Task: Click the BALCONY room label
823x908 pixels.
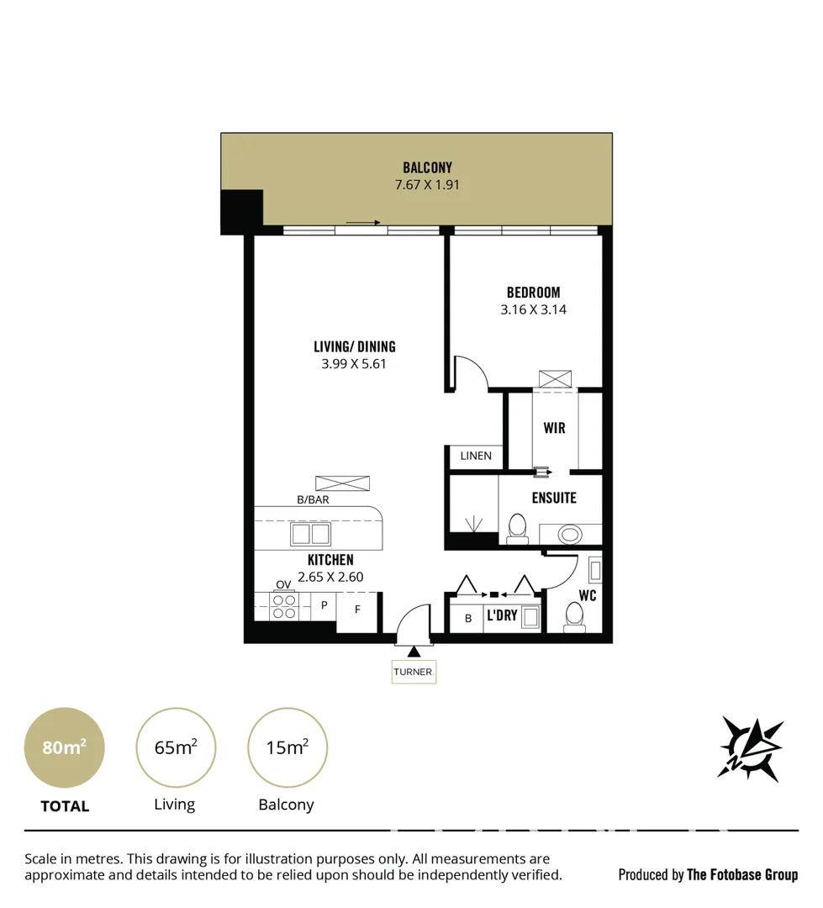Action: [x=427, y=167]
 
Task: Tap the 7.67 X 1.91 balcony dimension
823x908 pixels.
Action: [x=427, y=185]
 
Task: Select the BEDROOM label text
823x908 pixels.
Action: [x=533, y=293]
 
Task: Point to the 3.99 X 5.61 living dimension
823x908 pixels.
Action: [x=354, y=364]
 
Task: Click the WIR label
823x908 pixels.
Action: [x=554, y=428]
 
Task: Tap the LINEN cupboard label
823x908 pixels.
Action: [x=476, y=456]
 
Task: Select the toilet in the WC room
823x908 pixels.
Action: [x=574, y=615]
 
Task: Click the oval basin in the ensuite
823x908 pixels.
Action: [x=570, y=534]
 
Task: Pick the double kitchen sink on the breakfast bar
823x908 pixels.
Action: [x=311, y=534]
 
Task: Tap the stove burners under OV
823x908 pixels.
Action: [x=284, y=606]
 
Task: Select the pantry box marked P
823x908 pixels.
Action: [x=324, y=605]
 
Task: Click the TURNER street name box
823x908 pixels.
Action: [x=413, y=672]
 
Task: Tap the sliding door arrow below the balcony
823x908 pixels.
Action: [x=362, y=223]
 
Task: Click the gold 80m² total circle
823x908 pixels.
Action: [x=65, y=747]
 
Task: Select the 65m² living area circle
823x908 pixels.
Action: [x=176, y=747]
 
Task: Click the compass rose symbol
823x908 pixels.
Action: [x=750, y=747]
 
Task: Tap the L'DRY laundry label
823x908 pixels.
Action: [x=502, y=616]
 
